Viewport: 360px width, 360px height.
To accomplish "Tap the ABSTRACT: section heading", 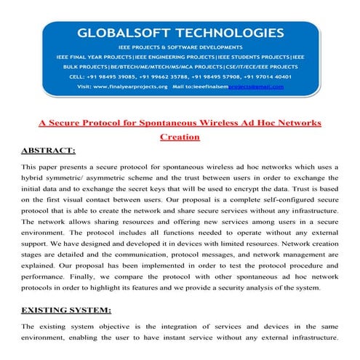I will [x=49, y=151].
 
